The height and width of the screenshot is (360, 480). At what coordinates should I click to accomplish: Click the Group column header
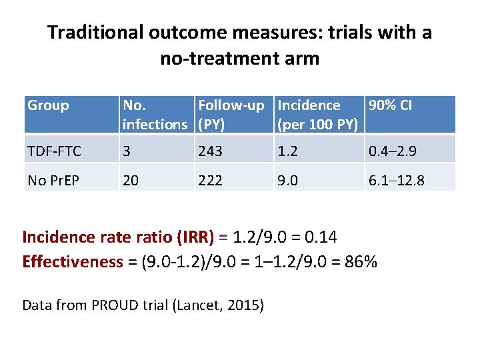pos(48,105)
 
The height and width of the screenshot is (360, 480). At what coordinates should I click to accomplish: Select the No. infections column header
pos(155,115)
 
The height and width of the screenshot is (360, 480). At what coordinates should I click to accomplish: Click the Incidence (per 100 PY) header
pos(318,115)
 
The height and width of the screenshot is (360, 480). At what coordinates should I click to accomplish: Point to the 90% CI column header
pos(390,105)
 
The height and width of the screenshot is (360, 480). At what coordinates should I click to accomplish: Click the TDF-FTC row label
pos(54,151)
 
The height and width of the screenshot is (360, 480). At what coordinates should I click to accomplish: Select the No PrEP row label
pos(53,179)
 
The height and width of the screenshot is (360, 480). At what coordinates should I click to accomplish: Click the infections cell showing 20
pos(131,179)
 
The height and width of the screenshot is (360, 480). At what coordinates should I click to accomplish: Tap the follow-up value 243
pos(210,151)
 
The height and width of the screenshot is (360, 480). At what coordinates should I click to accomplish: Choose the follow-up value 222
pos(210,179)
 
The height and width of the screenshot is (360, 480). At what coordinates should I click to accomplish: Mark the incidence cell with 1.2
pos(287,151)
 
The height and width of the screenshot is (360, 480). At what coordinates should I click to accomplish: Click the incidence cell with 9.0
pos(288,179)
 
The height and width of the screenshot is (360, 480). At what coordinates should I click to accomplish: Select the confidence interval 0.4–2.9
pos(393,151)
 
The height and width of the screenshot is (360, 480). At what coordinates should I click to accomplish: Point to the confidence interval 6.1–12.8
pos(396,179)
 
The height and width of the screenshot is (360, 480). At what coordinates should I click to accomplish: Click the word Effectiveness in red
pos(73,261)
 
